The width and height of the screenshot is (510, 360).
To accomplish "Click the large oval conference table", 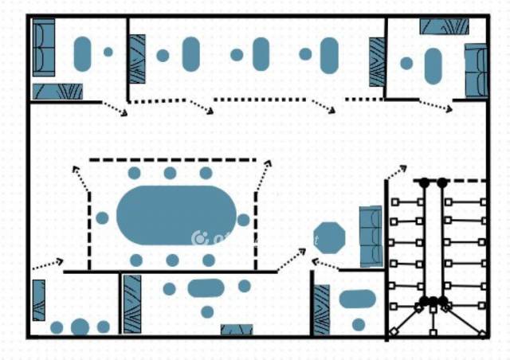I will [x=176, y=216].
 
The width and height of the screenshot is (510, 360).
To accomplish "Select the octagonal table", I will [x=329, y=238].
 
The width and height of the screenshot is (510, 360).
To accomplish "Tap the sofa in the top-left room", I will [x=43, y=47].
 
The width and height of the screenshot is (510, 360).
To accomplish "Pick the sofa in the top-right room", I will [x=476, y=69].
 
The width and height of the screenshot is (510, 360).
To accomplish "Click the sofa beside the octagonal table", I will [x=371, y=236].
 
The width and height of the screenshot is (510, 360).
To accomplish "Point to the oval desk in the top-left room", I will [x=82, y=53].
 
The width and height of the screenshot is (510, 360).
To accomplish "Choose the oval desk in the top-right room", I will [x=433, y=66].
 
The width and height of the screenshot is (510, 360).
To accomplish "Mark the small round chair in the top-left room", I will [x=108, y=53].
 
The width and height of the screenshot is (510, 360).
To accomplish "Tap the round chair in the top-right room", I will [x=406, y=63].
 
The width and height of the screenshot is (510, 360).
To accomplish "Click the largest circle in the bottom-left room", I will [x=80, y=327].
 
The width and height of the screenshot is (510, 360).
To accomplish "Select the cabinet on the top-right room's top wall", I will [x=444, y=26].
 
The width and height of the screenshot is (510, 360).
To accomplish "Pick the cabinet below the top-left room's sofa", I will [x=57, y=92].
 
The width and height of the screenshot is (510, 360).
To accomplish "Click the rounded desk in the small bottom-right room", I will [x=358, y=299].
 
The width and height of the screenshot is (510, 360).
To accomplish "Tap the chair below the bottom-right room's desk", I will [x=359, y=324].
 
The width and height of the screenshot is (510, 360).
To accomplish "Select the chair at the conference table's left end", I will [x=102, y=217].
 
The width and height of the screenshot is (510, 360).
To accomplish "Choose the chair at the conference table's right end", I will [x=243, y=220].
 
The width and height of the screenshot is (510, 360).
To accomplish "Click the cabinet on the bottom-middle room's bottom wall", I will [x=237, y=330].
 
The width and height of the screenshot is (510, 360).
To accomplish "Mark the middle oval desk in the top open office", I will [x=261, y=54].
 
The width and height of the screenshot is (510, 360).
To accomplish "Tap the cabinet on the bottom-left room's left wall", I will [x=38, y=300].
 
